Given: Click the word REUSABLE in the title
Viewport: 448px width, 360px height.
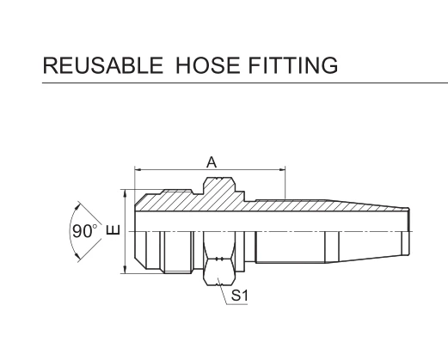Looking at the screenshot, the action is (x=103, y=65).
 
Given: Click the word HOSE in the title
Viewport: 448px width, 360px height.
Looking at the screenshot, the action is (x=207, y=65).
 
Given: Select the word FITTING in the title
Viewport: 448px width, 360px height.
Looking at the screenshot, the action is (x=293, y=65).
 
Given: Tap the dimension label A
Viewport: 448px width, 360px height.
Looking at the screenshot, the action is (x=212, y=162).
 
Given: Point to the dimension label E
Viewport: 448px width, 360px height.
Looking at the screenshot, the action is (x=114, y=229).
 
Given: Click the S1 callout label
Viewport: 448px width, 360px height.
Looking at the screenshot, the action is (x=239, y=296).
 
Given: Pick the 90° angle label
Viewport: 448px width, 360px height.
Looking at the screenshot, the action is (x=84, y=231).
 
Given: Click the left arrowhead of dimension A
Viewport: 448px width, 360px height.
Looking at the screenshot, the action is (x=138, y=170).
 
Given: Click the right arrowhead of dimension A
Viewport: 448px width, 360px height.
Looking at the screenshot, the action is (x=282, y=170).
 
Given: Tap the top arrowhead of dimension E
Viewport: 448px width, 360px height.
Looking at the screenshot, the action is (x=125, y=193).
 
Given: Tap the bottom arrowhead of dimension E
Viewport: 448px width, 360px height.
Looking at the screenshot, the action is (x=125, y=270).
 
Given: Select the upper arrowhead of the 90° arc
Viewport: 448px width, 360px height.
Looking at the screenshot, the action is (x=77, y=206).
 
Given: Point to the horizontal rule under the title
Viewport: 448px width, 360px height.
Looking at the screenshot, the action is (x=245, y=83).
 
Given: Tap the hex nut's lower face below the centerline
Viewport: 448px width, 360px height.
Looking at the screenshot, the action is (x=219, y=272).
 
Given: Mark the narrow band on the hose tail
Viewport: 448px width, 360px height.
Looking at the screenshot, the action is (x=332, y=247).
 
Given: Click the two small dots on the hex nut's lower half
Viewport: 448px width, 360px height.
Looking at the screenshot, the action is (x=219, y=259).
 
